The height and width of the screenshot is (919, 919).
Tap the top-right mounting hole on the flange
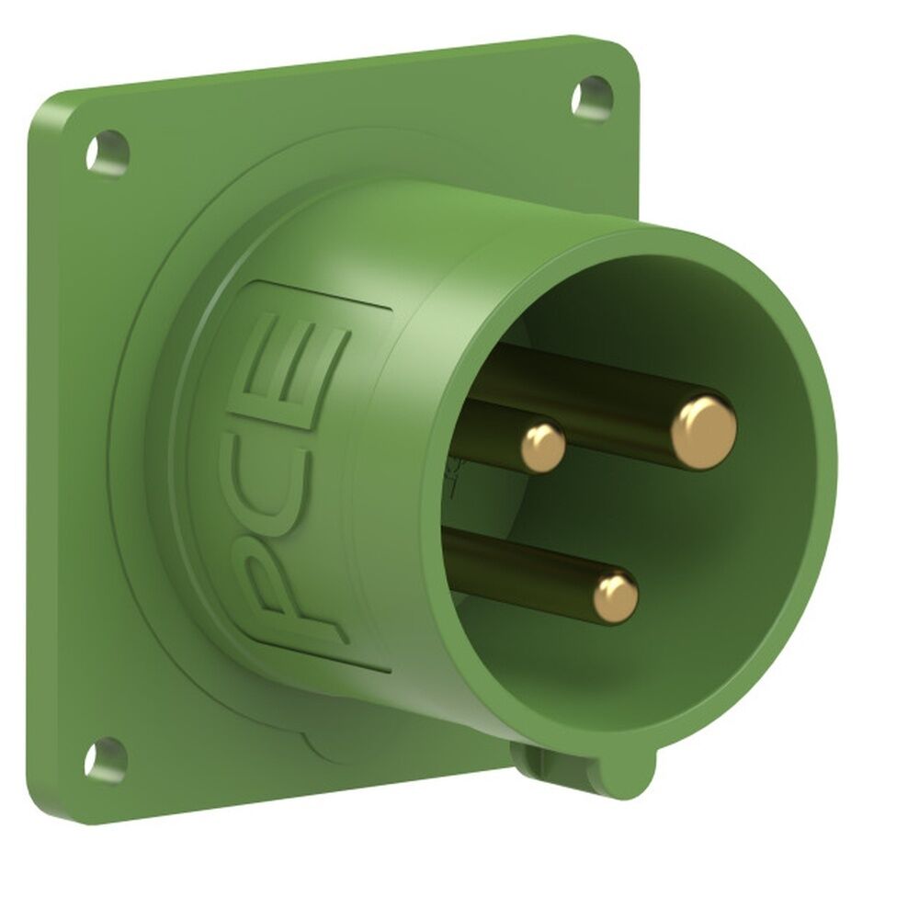(591, 96)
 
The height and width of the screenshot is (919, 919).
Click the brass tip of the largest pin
(703, 432)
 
